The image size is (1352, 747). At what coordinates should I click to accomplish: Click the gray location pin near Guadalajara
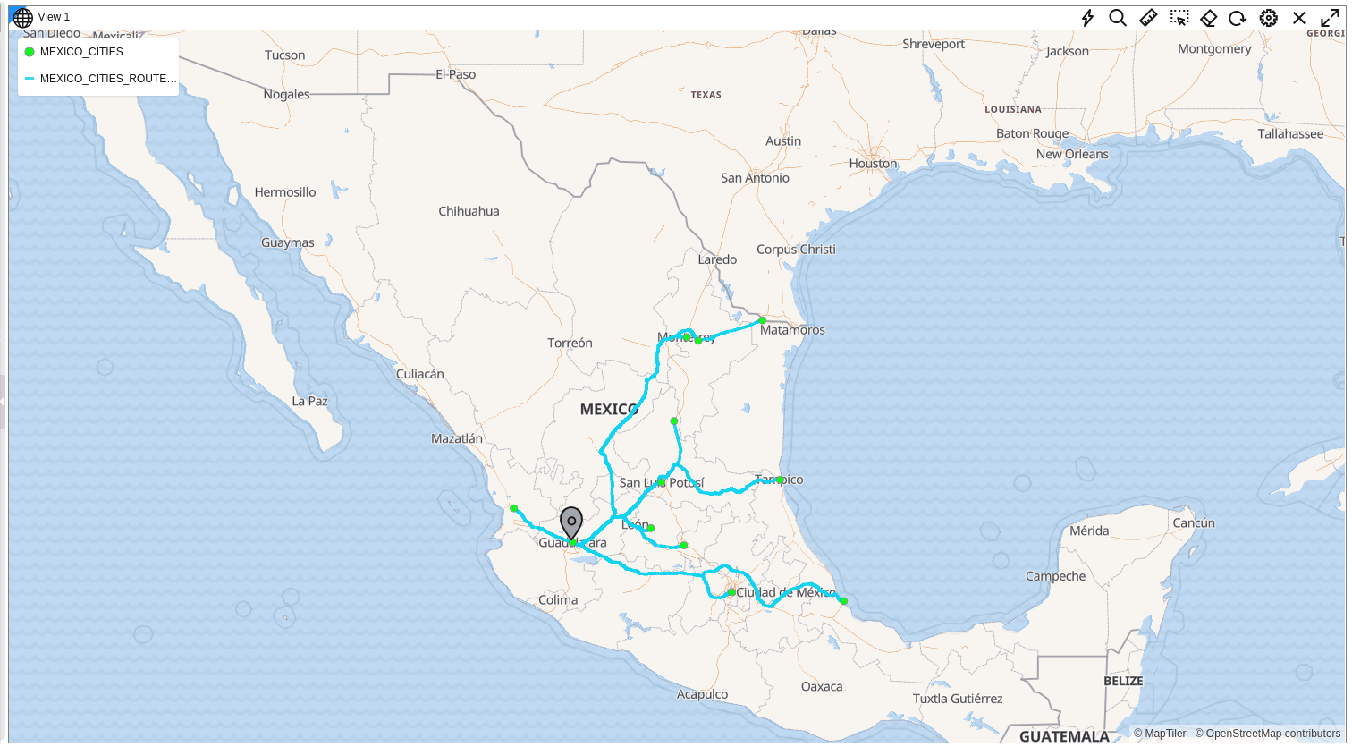[571, 521]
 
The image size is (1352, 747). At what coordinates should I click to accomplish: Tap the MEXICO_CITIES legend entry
[80, 52]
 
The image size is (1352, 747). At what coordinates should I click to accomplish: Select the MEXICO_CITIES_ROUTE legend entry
[106, 79]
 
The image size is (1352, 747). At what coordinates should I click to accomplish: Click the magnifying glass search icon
[1118, 18]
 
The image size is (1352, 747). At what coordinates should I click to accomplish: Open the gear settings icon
[1268, 18]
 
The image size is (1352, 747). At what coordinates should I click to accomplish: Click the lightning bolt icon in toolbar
[1087, 18]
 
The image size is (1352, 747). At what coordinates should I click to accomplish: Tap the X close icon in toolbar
[1299, 18]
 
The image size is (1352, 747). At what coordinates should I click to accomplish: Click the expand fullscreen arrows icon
[1330, 18]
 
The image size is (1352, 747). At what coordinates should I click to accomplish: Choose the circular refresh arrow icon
[1238, 18]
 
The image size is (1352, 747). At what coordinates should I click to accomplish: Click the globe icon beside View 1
[23, 17]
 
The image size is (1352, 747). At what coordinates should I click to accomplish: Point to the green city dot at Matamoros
[762, 320]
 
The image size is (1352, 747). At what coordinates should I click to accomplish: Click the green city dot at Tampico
[780, 480]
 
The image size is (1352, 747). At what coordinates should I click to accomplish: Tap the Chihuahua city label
[469, 211]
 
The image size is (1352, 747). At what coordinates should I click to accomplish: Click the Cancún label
[1194, 522]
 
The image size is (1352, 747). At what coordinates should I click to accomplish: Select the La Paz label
[309, 401]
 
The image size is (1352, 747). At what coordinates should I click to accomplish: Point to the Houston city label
[873, 164]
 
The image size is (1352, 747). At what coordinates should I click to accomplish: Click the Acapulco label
[702, 694]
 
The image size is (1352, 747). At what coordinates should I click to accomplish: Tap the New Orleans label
[1072, 154]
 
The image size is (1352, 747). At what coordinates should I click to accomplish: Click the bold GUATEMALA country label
[1064, 736]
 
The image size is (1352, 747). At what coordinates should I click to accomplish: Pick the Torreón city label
[570, 343]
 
